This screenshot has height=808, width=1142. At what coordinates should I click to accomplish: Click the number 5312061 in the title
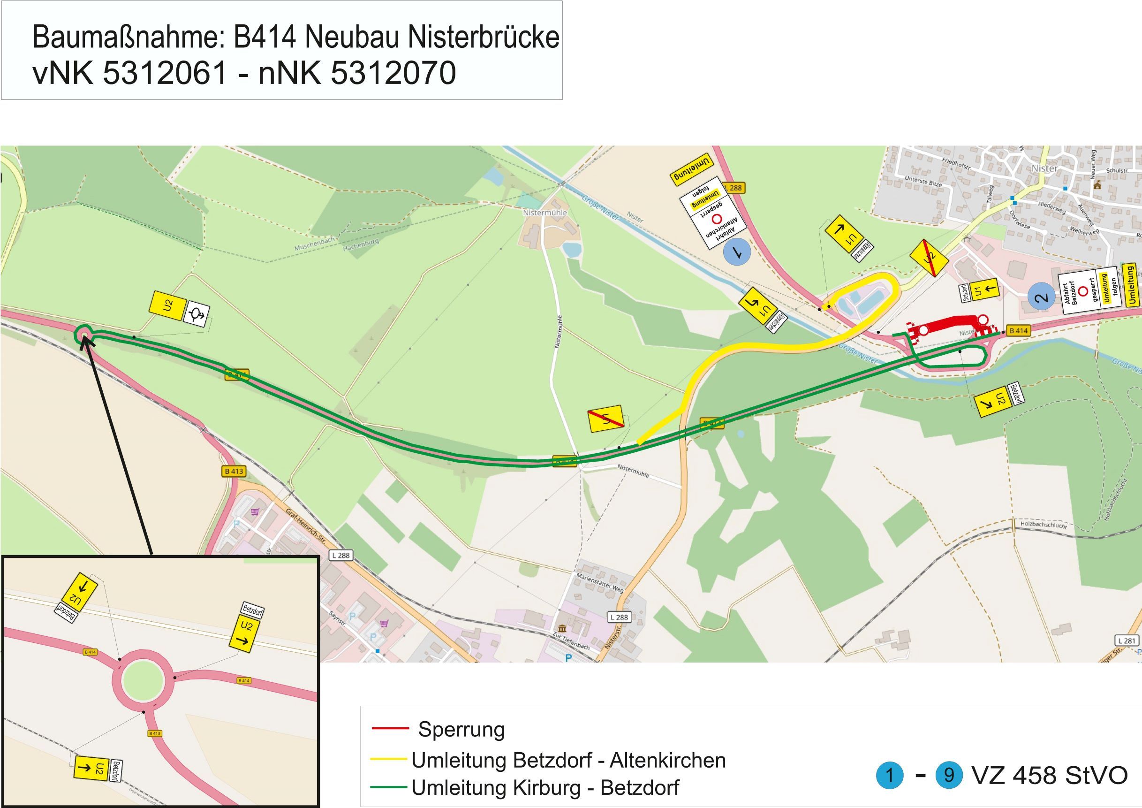(165, 73)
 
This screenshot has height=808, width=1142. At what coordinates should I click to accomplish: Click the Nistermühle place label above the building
(545, 213)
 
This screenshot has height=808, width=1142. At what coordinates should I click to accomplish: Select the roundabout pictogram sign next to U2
(197, 314)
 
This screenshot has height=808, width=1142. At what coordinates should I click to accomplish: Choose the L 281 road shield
(1127, 640)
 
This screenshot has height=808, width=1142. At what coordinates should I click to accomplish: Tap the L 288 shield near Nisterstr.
(619, 617)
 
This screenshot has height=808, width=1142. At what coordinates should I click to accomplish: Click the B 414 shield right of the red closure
(1018, 330)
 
